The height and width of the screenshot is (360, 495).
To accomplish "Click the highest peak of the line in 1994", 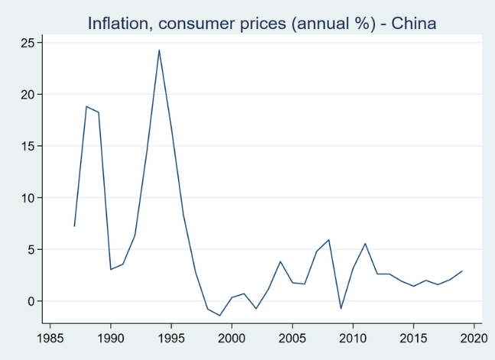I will [x=159, y=50].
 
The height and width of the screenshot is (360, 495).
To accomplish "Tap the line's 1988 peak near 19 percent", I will [x=86, y=106].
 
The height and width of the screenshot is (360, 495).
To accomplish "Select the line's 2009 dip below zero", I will [x=340, y=308].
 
